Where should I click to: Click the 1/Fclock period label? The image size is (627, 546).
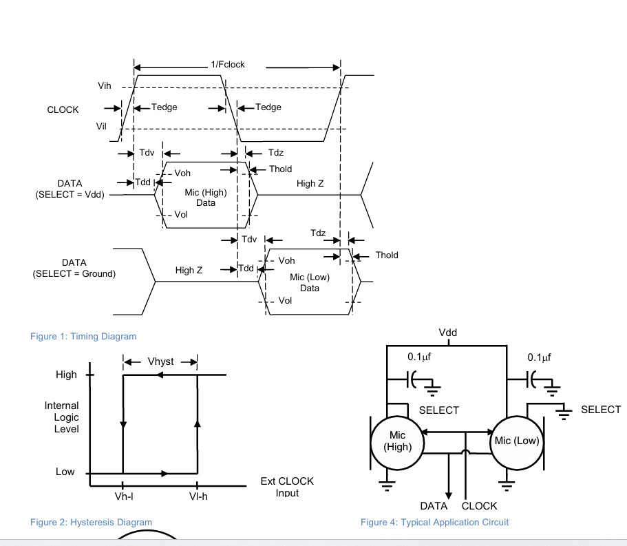[x=228, y=65]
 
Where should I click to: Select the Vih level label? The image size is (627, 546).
[x=105, y=85]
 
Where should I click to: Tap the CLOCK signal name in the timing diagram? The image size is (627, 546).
[x=63, y=109]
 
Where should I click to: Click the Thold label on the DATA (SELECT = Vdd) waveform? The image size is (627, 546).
[x=280, y=169]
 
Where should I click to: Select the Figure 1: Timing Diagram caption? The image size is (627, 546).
[x=83, y=336]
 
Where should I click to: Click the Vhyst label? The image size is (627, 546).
[x=161, y=361]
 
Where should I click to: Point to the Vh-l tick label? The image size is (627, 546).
[x=124, y=497]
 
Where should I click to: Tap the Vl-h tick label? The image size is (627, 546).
[x=198, y=497]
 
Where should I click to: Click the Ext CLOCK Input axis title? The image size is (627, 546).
[x=287, y=487]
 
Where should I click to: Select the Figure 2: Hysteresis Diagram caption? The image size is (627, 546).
[x=91, y=522]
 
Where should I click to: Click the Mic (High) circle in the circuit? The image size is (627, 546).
[x=397, y=441]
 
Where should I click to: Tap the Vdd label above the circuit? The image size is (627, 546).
[x=447, y=333]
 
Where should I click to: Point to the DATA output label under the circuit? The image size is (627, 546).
[x=434, y=506]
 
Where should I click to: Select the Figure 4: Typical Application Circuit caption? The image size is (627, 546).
[x=434, y=522]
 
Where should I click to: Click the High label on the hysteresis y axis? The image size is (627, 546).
[x=66, y=375]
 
